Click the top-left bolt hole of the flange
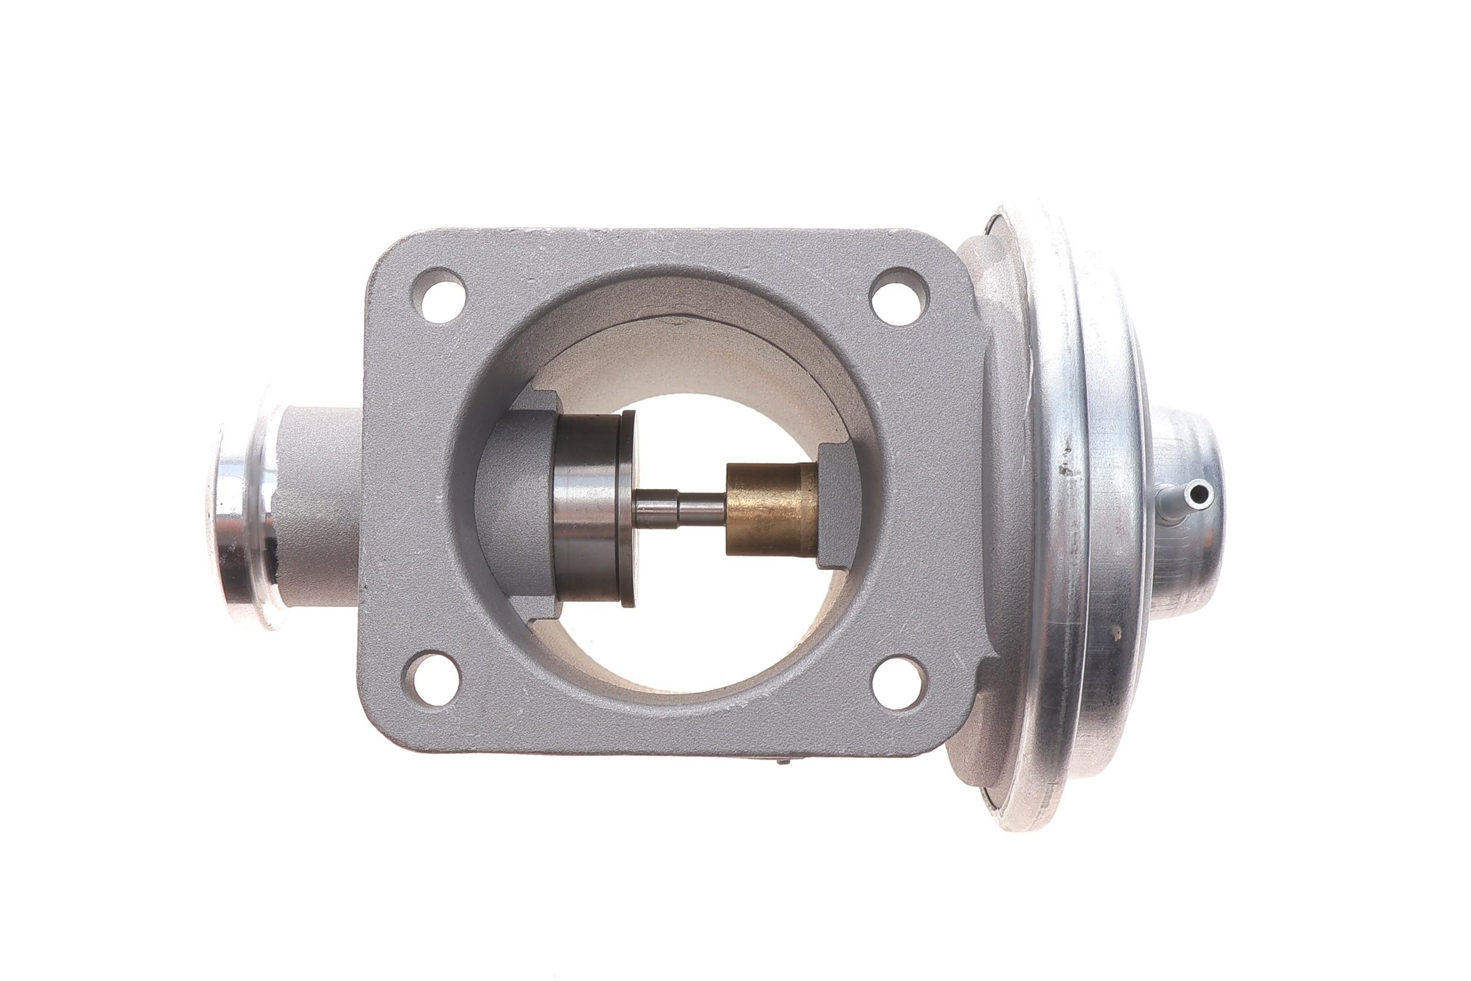coord(443,295)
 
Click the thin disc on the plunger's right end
coord(628,508)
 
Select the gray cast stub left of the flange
coord(319,507)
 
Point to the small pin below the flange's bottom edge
coord(782,761)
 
